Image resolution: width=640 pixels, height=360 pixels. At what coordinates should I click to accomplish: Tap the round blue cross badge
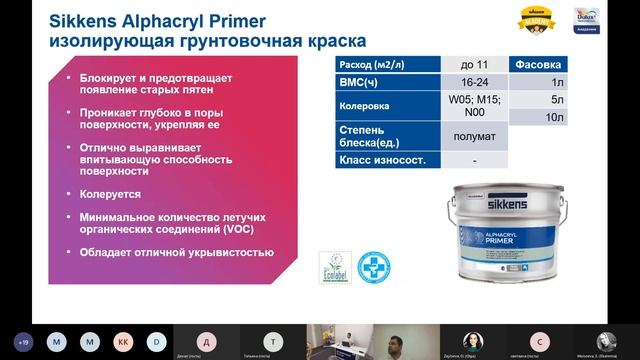(374, 265)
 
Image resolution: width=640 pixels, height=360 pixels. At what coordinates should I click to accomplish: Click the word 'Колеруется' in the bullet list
(113, 194)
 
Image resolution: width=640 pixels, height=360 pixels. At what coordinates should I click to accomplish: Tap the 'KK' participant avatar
(124, 339)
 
